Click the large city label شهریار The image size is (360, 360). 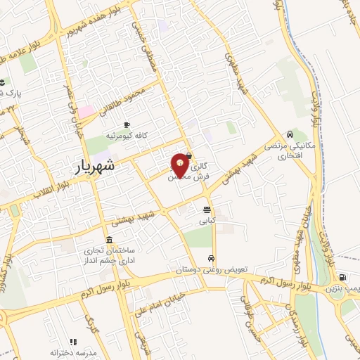(x=96, y=169)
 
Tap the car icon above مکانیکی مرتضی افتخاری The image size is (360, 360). (x=290, y=134)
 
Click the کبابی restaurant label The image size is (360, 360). (x=207, y=221)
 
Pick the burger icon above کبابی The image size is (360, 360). (x=207, y=210)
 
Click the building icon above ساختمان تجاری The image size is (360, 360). (x=108, y=239)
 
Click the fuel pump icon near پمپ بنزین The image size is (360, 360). (x=342, y=277)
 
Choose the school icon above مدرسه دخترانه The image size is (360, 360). (x=73, y=341)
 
